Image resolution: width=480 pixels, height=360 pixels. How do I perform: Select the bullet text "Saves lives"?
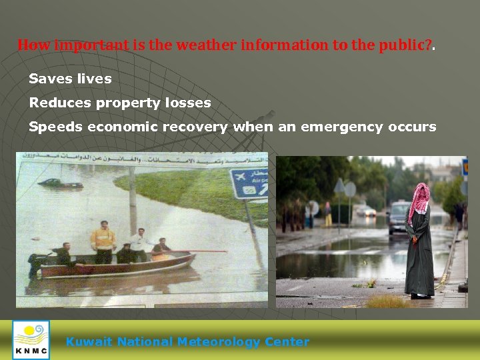[x=70, y=79]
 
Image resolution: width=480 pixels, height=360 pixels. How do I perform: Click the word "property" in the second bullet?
[x=125, y=103]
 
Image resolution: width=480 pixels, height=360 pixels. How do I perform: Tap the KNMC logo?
[x=31, y=339]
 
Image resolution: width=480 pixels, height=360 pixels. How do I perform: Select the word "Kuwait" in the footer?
[x=89, y=342]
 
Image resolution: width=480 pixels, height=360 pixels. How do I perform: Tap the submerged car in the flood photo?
[x=60, y=183]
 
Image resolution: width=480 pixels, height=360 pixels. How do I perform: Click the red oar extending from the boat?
[x=200, y=251]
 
